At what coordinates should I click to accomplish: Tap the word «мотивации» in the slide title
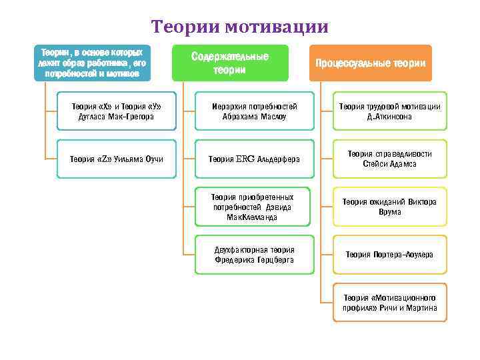276,27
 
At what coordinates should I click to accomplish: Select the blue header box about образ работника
92,63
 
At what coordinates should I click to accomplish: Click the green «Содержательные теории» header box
230,63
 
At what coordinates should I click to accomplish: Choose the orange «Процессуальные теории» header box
370,63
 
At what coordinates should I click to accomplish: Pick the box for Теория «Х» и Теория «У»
117,111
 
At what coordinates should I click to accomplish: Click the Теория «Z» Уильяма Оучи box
117,159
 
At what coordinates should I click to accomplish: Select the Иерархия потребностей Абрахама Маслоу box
254,111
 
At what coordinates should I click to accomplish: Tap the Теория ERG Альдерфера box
254,159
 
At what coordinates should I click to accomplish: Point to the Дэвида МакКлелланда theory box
254,207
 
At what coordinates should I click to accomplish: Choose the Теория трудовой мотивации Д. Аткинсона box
389,111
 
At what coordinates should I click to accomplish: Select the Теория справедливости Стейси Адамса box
389,159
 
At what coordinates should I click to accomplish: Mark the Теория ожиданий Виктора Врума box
389,207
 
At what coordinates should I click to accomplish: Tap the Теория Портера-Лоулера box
389,255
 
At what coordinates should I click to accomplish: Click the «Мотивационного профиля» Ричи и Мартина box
389,303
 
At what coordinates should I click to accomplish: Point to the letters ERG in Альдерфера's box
245,159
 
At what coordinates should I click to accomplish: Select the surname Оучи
153,159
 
